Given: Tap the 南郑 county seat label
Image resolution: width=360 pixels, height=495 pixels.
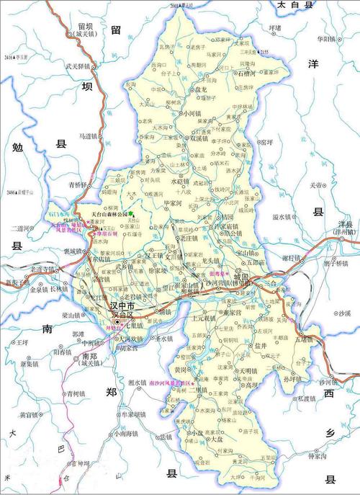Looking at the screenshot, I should (89, 356).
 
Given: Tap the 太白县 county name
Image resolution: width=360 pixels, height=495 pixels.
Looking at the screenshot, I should (297, 5).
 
